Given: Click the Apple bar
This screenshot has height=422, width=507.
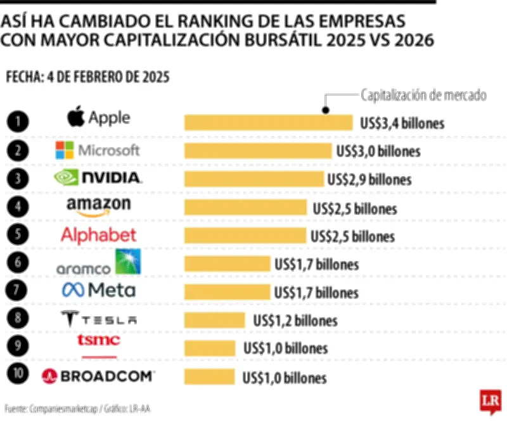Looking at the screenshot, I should [x=268, y=122].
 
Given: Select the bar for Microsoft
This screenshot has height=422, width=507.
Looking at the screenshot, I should [x=257, y=151].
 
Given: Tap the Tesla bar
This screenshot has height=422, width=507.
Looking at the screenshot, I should [x=215, y=320].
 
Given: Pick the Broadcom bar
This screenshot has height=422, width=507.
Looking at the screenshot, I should [x=209, y=378].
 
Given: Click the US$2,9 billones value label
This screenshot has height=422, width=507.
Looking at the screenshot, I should [x=369, y=179].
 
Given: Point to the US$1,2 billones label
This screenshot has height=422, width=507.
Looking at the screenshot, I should [x=295, y=320].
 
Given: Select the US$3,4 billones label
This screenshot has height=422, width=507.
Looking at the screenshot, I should [x=401, y=123].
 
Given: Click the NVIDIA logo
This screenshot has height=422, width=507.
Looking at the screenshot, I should [x=98, y=178].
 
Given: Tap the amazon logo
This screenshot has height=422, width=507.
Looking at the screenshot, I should [x=98, y=206].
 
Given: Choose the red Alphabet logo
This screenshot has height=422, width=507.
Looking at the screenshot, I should [x=98, y=235].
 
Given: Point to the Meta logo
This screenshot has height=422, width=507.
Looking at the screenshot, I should [x=98, y=290].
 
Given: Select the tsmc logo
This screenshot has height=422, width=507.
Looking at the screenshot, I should [x=98, y=341].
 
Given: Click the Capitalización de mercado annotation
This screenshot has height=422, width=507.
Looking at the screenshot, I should [x=423, y=96].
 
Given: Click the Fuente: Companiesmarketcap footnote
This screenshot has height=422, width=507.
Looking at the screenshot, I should [x=77, y=409].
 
